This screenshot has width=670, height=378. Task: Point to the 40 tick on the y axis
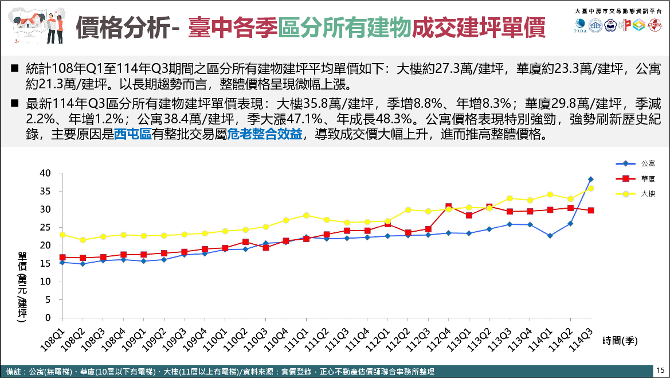pyautogui.click(x=45, y=173)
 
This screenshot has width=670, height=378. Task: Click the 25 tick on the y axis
pyautogui.click(x=45, y=227)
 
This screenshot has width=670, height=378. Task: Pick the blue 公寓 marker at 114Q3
pyautogui.click(x=591, y=180)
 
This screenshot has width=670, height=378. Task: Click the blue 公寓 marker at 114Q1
pyautogui.click(x=550, y=236)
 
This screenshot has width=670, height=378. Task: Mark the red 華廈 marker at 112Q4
pyautogui.click(x=449, y=206)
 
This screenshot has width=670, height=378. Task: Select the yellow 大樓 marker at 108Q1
pyautogui.click(x=62, y=235)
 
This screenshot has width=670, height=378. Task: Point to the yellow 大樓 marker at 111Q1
pyautogui.click(x=306, y=215)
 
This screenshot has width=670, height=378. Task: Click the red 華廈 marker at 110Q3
pyautogui.click(x=265, y=248)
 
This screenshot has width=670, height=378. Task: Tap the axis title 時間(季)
pyautogui.click(x=620, y=340)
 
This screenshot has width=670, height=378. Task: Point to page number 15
pyautogui.click(x=660, y=370)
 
